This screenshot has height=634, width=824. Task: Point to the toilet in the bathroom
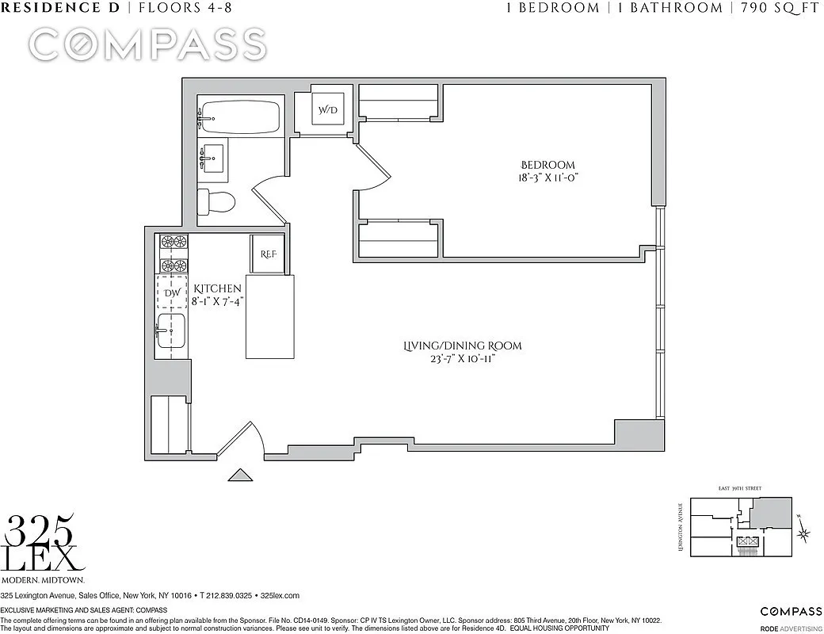click(216, 202)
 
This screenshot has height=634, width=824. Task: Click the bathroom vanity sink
click(212, 161)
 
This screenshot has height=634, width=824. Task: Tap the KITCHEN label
click(217, 288)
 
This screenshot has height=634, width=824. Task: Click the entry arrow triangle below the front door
click(240, 475)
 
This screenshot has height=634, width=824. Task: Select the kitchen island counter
click(269, 317)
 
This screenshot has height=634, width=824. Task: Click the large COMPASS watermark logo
click(147, 44)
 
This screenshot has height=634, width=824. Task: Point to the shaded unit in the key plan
click(771, 514)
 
